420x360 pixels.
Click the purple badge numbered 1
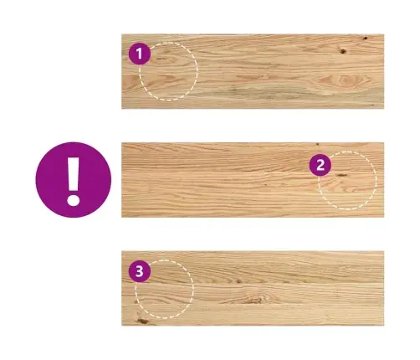coord(140,54)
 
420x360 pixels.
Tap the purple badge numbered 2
coord(320,165)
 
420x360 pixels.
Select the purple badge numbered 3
coord(140,271)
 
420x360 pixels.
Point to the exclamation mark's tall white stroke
coord(74,174)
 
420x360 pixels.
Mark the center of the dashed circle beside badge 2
coord(347,180)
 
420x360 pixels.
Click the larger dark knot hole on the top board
coord(343,51)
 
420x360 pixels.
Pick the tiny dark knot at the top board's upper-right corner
coord(365,38)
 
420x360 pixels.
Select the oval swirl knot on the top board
coord(345,80)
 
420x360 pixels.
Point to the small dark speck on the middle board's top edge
coord(317,144)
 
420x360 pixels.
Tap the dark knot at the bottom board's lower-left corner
coord(143,321)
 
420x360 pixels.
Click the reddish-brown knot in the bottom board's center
coord(253,300)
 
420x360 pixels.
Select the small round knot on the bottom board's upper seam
coord(238,281)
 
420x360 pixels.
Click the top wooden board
coord(253,71)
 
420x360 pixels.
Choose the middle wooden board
coord(253,180)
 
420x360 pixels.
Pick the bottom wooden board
coord(253,288)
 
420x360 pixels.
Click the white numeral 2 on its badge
coord(320,165)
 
